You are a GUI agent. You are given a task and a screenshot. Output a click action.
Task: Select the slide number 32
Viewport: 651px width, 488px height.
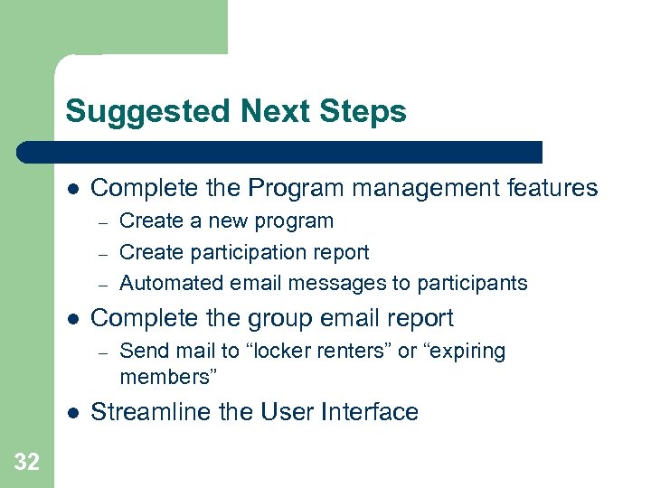tap(27, 463)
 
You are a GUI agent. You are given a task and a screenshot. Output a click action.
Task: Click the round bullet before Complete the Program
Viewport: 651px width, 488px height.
tap(72, 189)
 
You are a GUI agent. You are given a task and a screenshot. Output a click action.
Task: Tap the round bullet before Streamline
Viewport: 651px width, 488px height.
tap(72, 412)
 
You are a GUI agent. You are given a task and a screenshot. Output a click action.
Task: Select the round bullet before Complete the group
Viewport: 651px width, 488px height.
tap(72, 319)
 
